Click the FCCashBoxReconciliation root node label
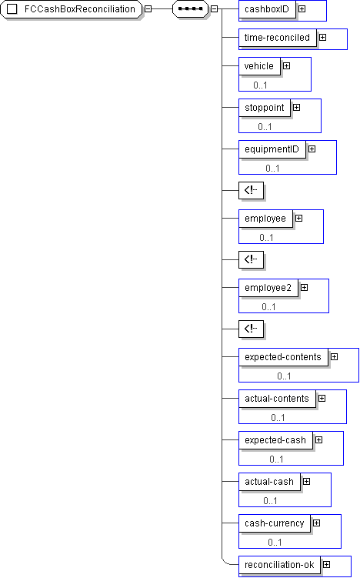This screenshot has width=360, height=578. click(x=79, y=8)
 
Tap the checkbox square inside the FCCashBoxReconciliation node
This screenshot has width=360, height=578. click(x=12, y=8)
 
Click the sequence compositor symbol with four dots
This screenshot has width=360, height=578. click(x=191, y=8)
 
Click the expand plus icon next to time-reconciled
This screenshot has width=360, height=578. click(x=323, y=37)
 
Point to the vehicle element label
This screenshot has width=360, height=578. click(x=259, y=66)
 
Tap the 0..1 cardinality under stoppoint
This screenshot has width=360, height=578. click(x=265, y=127)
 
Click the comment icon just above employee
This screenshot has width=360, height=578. click(x=252, y=191)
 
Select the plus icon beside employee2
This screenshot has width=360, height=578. click(x=305, y=288)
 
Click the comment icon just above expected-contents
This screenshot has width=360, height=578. click(x=252, y=329)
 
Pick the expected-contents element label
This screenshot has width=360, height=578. click(x=283, y=357)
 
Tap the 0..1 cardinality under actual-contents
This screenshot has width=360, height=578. click(x=278, y=418)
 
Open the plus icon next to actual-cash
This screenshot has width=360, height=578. click(x=307, y=482)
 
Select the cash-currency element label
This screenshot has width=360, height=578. click(x=275, y=523)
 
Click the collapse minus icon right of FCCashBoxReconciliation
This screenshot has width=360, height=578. click(x=148, y=8)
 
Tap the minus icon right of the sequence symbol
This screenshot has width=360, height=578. click(x=215, y=8)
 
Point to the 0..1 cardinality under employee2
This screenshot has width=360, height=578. click(x=268, y=306)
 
